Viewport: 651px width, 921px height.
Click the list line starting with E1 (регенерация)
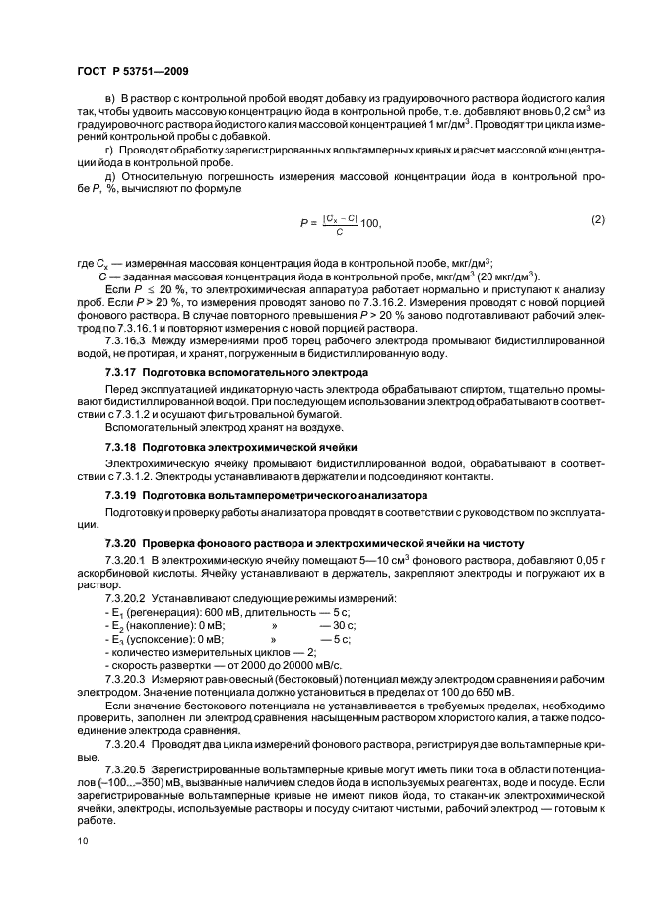pos(204,612)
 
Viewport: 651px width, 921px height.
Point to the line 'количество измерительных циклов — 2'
pos(198,651)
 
